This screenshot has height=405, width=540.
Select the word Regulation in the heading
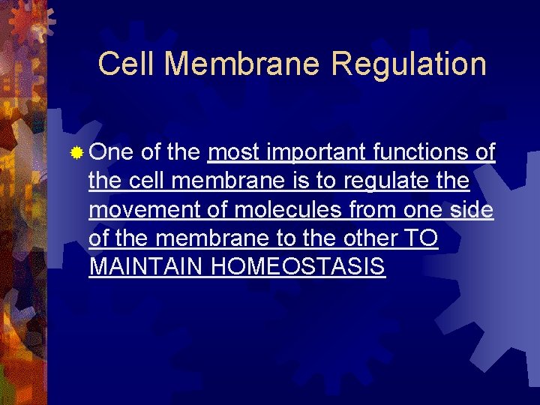click(x=409, y=65)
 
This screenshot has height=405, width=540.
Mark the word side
click(x=474, y=211)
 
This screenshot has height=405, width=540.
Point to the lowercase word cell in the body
click(x=148, y=182)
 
